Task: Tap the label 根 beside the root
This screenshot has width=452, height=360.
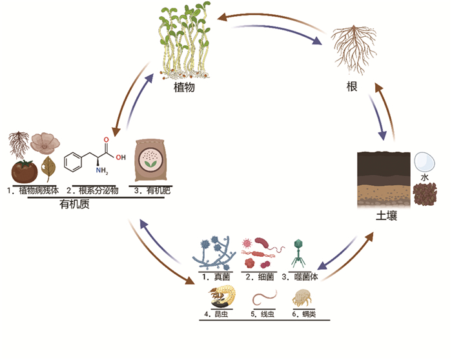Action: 352,86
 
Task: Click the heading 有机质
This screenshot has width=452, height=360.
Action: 76,205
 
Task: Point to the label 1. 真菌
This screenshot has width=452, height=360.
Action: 212,277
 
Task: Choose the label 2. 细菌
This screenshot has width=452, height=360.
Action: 260,277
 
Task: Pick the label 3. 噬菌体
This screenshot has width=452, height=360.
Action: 301,277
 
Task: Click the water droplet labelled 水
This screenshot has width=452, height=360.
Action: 424,161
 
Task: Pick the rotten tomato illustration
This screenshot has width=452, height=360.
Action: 25,172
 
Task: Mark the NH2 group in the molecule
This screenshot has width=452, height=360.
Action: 102,172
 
